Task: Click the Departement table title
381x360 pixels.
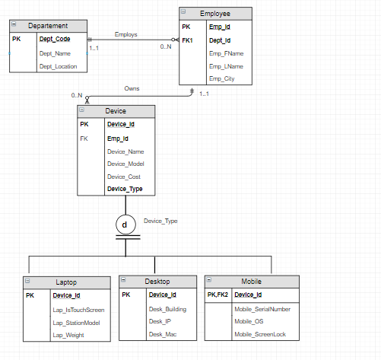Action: [48, 26]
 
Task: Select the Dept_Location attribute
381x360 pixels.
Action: [58, 66]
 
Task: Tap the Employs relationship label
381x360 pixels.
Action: [125, 34]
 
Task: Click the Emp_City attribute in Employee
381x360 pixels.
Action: [222, 78]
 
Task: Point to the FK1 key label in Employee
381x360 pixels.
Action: [187, 40]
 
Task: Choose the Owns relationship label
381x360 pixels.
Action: [132, 88]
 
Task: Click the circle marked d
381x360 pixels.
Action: [125, 225]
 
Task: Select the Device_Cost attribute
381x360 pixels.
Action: [124, 177]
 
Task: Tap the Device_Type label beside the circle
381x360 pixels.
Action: [160, 221]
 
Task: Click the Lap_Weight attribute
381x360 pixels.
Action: [68, 335]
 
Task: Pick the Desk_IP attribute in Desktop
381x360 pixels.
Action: [160, 321]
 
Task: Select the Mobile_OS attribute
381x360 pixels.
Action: [249, 321]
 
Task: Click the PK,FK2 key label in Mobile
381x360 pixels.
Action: [217, 295]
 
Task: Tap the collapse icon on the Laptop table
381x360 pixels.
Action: [27, 281]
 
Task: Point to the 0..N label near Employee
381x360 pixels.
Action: [166, 46]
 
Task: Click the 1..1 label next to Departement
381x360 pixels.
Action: [94, 48]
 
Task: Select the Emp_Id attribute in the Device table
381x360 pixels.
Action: [118, 139]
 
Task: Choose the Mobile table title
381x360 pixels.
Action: [251, 282]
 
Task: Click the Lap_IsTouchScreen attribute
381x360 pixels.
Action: [78, 310]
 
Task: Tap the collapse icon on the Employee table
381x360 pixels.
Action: [183, 11]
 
